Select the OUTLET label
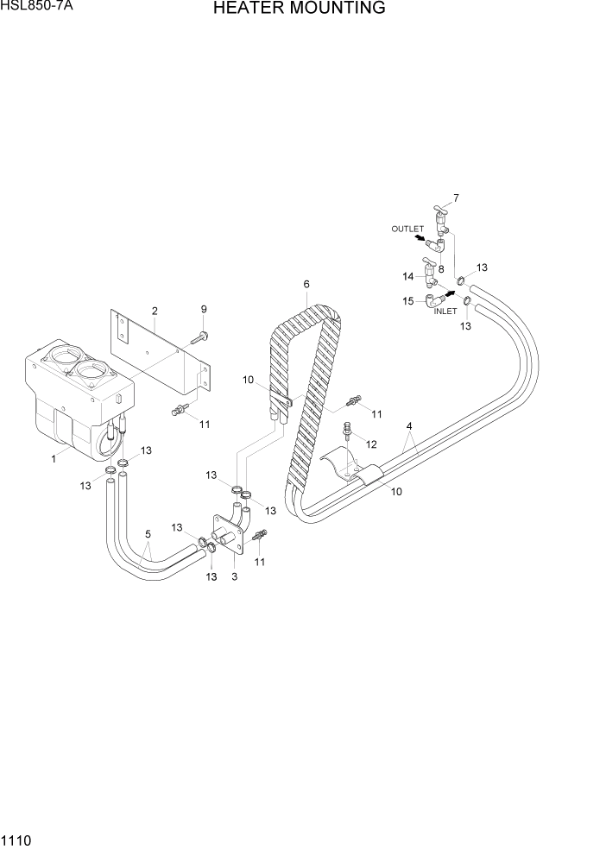[407, 229]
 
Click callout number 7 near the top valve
[456, 198]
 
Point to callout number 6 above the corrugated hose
[306, 283]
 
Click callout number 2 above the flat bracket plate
[154, 311]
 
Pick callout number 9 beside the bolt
[205, 310]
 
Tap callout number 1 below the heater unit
[53, 459]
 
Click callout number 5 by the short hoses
[148, 533]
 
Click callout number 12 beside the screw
[372, 444]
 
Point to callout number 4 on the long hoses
[409, 425]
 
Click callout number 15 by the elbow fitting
[407, 300]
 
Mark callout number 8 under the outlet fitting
[440, 268]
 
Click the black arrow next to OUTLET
[420, 239]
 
